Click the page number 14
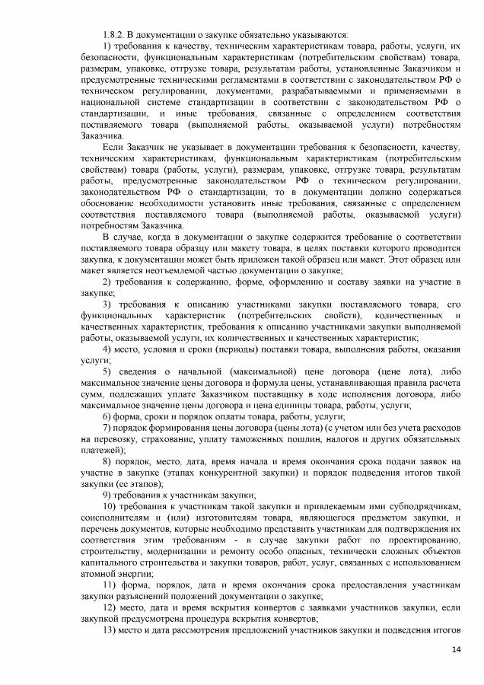[x=457, y=649]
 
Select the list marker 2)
[x=107, y=282]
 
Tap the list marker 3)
[x=107, y=304]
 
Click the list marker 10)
[x=110, y=506]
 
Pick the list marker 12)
[x=110, y=607]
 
